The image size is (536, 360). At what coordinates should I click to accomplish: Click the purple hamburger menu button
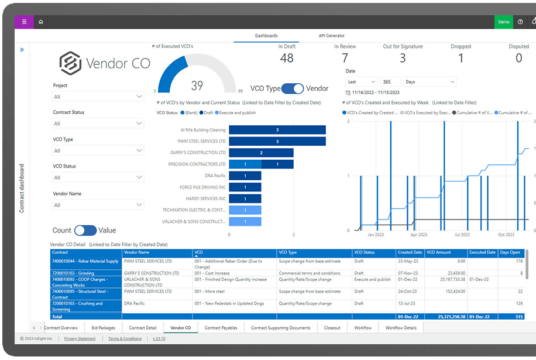coord(24,22)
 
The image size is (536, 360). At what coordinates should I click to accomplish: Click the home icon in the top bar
coord(41,22)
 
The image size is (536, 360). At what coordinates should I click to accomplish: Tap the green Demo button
coord(503,22)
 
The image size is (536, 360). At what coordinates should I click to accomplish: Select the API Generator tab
coord(332,36)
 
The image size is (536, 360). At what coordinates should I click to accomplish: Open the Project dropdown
coord(98,97)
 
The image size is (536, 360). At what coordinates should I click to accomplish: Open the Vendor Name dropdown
coord(98,205)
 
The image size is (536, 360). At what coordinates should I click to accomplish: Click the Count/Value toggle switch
coord(85,231)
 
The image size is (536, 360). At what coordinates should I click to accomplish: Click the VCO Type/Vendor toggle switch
coord(293,88)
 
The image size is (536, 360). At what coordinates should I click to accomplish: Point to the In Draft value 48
coord(287,58)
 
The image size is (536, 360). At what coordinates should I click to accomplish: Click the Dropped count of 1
coord(461,58)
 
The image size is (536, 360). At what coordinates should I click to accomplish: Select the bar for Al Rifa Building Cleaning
coord(277,129)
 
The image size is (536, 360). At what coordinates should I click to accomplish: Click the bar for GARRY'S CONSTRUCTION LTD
coord(261,153)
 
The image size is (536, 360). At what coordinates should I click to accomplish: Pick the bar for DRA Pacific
coord(245,176)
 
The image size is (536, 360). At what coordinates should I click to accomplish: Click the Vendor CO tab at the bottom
coord(180,328)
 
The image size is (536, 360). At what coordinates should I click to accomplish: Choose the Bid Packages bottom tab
coord(104,328)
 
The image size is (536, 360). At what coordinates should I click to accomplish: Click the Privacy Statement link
coord(80,339)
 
